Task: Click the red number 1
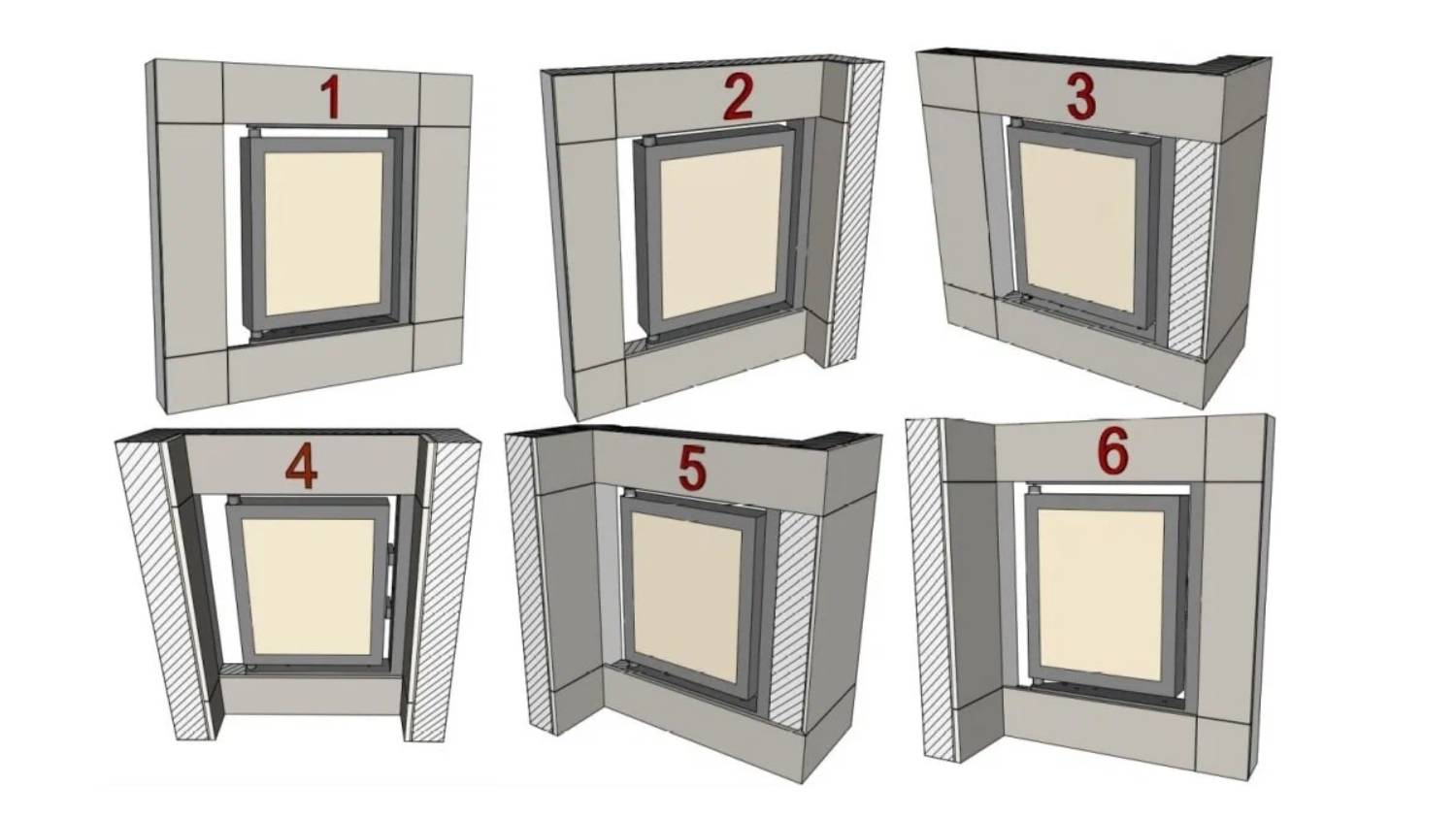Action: click(x=333, y=97)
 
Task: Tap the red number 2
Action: click(x=738, y=97)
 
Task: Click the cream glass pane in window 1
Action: click(x=323, y=234)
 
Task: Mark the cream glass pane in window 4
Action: click(x=308, y=587)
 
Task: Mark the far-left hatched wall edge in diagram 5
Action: click(x=530, y=585)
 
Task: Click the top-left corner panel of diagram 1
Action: click(x=189, y=91)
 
